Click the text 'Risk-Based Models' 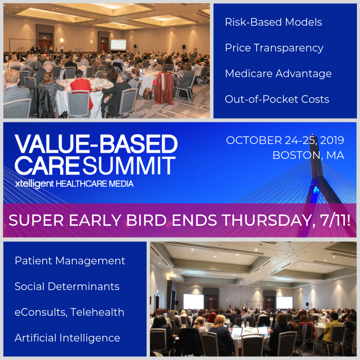[x=273, y=22]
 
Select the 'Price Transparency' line [x=274, y=48]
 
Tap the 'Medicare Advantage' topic [x=278, y=74]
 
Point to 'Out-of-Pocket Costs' [x=277, y=99]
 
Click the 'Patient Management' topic [x=70, y=261]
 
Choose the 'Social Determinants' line [x=67, y=286]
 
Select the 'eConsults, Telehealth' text [x=69, y=312]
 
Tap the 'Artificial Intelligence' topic [x=67, y=338]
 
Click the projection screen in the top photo [x=118, y=45]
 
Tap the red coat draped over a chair [x=164, y=88]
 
